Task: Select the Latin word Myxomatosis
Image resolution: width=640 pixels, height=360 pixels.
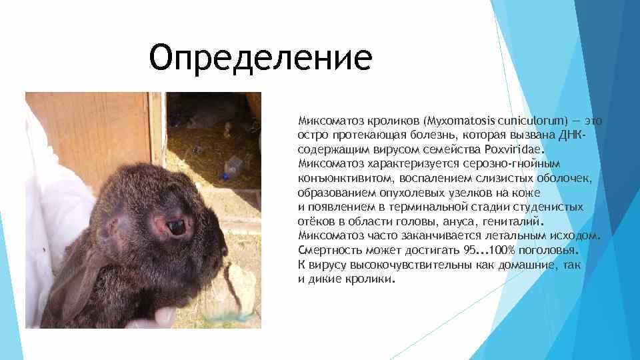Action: pos(463,121)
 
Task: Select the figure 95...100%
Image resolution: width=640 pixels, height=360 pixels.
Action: pos(491,251)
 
